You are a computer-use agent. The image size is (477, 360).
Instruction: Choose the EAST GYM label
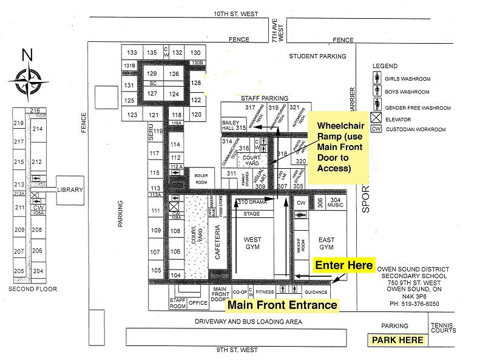(326, 243)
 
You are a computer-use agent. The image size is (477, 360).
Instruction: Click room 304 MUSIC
(336, 202)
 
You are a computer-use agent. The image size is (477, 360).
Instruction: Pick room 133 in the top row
(132, 53)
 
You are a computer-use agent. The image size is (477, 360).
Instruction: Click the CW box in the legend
(376, 129)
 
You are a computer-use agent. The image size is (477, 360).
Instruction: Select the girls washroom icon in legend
(376, 78)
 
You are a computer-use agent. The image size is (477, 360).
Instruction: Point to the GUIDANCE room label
(317, 292)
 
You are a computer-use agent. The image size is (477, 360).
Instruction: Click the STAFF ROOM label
(177, 303)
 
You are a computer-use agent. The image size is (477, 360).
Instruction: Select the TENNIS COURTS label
(443, 328)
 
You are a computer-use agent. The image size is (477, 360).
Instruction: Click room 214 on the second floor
(38, 129)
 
